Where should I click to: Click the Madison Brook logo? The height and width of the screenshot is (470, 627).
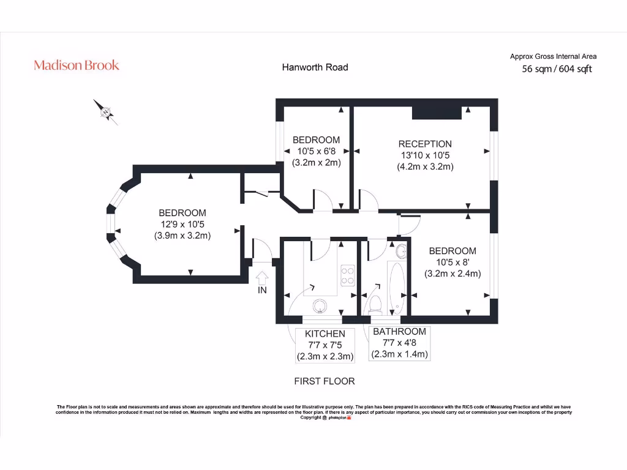click(x=77, y=65)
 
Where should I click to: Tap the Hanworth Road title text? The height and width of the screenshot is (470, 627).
click(x=315, y=67)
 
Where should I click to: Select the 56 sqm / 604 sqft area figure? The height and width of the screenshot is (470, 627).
click(x=557, y=69)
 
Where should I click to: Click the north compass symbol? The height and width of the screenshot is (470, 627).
click(x=105, y=112)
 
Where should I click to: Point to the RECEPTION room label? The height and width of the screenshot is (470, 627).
click(x=425, y=144)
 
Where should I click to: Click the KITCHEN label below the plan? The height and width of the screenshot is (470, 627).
click(x=325, y=334)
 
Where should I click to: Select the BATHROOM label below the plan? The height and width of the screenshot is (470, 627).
click(x=399, y=332)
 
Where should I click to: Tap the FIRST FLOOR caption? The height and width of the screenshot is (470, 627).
click(x=325, y=381)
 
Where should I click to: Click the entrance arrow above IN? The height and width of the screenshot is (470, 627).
click(x=262, y=277)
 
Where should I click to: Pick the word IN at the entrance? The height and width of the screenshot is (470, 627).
click(x=262, y=291)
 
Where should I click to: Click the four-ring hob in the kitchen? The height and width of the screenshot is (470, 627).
click(x=347, y=275)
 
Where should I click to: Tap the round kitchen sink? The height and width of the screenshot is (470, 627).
click(x=320, y=305)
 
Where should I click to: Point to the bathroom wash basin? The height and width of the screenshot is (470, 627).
click(x=402, y=250)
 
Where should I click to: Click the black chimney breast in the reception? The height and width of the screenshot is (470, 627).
click(x=437, y=112)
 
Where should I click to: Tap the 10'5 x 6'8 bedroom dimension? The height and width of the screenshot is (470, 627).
click(x=315, y=151)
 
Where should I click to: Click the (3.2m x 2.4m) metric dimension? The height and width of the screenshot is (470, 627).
click(x=452, y=274)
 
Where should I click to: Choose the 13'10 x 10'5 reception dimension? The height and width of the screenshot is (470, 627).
click(x=425, y=155)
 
